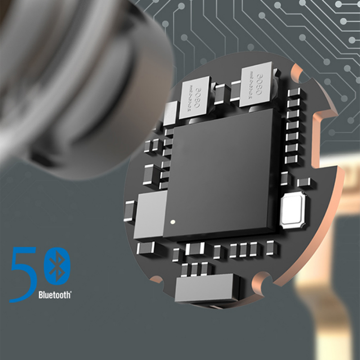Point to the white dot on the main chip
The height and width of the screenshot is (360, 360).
(171, 221)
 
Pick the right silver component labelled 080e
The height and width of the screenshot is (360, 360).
(255, 86)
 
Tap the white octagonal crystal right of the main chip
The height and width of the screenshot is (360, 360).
(293, 210)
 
